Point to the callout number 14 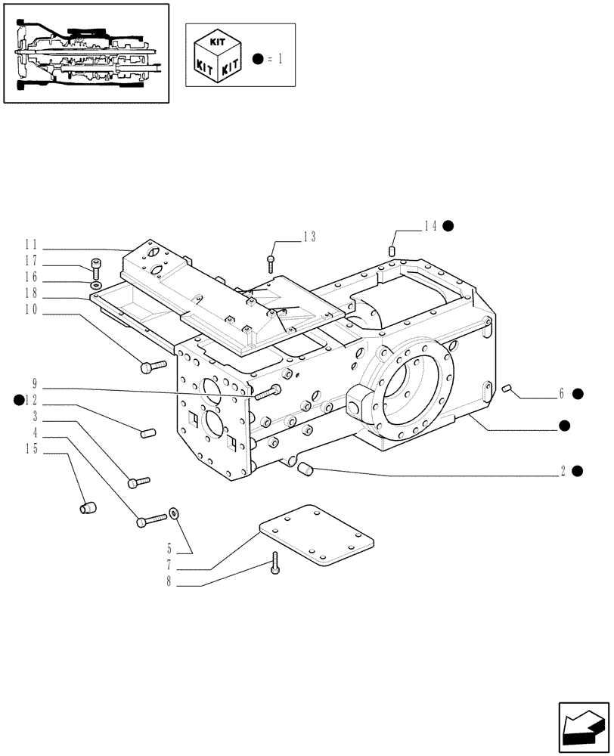[x=431, y=225]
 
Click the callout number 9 [x=35, y=383]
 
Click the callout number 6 [x=562, y=393]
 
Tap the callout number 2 [x=563, y=470]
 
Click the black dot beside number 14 [x=448, y=225]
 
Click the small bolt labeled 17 [x=96, y=265]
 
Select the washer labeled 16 [x=95, y=286]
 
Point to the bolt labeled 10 [x=152, y=367]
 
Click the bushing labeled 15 [x=88, y=506]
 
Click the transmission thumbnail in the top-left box [x=86, y=52]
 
